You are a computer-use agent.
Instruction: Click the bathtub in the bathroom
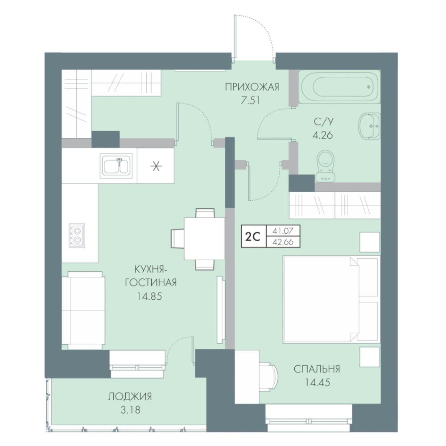point(339,87)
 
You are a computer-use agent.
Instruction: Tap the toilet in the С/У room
point(325,166)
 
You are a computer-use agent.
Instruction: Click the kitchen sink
point(116,166)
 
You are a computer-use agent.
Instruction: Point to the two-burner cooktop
point(77,235)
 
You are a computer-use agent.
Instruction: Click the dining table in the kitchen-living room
point(204,238)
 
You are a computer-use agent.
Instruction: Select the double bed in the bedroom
point(331,299)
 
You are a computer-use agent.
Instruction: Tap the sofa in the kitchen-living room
point(83,310)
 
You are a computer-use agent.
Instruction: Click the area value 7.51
point(251,101)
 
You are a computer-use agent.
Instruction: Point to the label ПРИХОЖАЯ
point(252,87)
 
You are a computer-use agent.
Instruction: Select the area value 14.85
point(149,297)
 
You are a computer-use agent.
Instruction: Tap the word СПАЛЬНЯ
point(317,369)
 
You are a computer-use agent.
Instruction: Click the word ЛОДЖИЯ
point(130,396)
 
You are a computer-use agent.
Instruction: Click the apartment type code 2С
point(252,236)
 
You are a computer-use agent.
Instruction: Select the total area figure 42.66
point(283,242)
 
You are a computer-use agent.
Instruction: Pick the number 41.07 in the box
point(283,231)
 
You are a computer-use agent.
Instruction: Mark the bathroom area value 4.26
point(323,135)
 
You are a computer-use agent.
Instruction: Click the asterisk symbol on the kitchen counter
point(156,166)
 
